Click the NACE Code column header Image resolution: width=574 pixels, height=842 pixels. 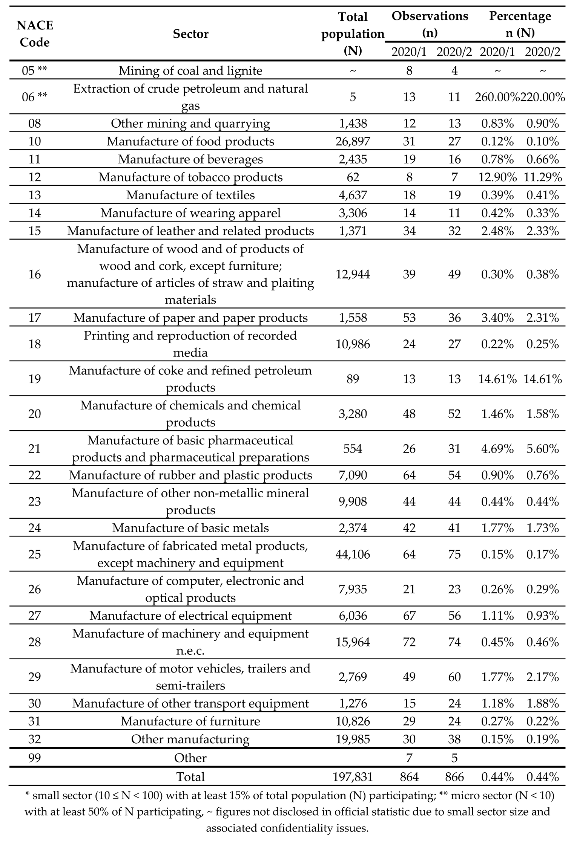pyautogui.click(x=35, y=34)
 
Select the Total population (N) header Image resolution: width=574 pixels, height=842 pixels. pyautogui.click(x=353, y=34)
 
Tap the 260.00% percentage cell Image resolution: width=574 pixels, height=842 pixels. pyautogui.click(x=497, y=97)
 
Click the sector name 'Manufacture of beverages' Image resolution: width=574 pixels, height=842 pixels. pyautogui.click(x=190, y=159)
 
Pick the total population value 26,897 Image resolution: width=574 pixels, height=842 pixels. pyautogui.click(x=353, y=142)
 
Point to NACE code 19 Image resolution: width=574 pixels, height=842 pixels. pyautogui.click(x=35, y=379)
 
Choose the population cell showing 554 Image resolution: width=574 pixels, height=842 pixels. pyautogui.click(x=353, y=449)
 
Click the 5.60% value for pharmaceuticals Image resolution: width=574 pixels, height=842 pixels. pyautogui.click(x=543, y=449)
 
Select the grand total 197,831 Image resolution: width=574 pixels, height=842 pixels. pyautogui.click(x=353, y=777)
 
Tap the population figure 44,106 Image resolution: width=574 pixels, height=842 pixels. pyautogui.click(x=353, y=555)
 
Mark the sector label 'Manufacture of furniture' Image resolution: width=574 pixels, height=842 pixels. pyautogui.click(x=190, y=721)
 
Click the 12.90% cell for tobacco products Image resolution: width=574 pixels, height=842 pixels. pyautogui.click(x=497, y=177)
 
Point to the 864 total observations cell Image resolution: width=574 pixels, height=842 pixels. pyautogui.click(x=409, y=777)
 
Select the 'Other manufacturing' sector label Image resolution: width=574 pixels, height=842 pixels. pyautogui.click(x=190, y=739)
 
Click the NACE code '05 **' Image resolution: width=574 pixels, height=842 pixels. pyautogui.click(x=35, y=71)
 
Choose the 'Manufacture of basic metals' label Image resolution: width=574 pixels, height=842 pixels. pyautogui.click(x=190, y=528)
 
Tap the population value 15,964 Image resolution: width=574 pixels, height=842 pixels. pyautogui.click(x=353, y=642)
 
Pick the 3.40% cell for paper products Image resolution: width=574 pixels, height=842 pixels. pyautogui.click(x=497, y=318)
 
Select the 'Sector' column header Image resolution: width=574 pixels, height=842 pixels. pyautogui.click(x=190, y=34)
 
